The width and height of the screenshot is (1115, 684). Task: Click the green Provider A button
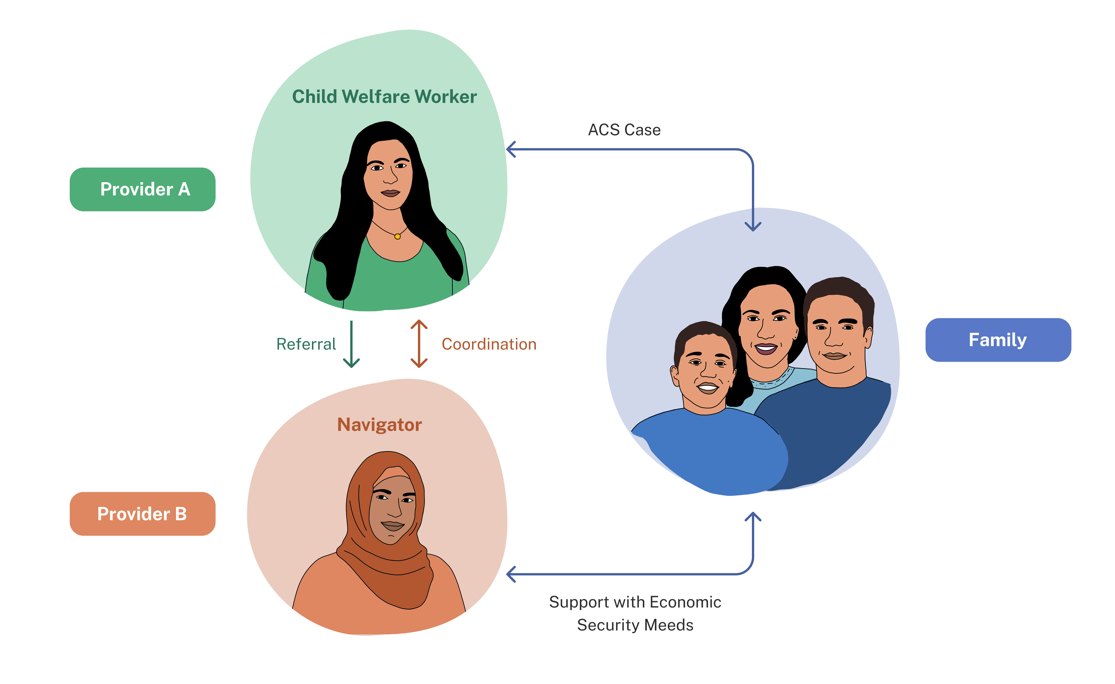click(142, 189)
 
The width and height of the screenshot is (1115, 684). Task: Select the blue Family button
click(998, 340)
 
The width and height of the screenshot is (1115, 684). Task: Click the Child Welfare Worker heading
click(384, 96)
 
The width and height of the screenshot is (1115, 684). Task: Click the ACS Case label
click(624, 130)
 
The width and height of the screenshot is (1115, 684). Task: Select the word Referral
click(306, 344)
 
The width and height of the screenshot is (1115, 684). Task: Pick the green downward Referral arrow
click(351, 344)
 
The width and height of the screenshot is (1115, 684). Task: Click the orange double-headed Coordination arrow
click(419, 343)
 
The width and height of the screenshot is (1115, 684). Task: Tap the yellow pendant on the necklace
click(397, 236)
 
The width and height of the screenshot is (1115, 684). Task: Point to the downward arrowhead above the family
click(753, 226)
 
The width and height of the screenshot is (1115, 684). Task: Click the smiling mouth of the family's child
click(708, 388)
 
